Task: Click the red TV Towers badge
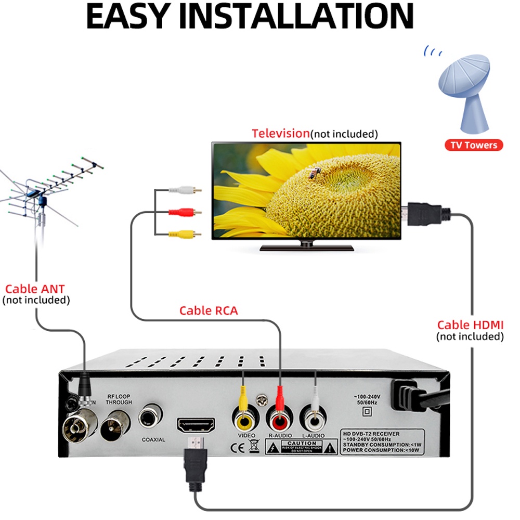point(474,145)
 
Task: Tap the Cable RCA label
point(208,311)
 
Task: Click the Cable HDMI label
point(470,326)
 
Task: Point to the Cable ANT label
point(35,289)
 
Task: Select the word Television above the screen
point(281,133)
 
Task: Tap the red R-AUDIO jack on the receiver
point(279,418)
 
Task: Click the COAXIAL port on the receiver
point(151,416)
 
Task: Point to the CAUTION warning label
point(302,446)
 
